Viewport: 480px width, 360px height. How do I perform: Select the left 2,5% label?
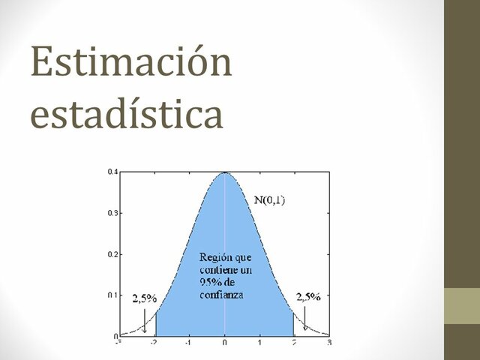coord(144,298)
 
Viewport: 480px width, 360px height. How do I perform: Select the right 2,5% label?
coord(307,297)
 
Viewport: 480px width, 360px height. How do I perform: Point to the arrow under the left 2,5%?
coord(143,321)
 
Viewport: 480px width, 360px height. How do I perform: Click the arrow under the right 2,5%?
coord(304,321)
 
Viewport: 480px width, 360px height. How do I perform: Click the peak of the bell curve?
coord(225,173)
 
